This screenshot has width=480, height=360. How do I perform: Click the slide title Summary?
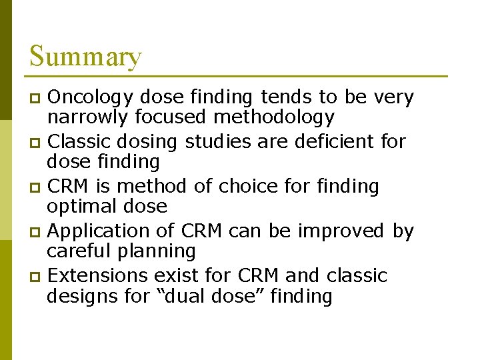click(85, 56)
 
